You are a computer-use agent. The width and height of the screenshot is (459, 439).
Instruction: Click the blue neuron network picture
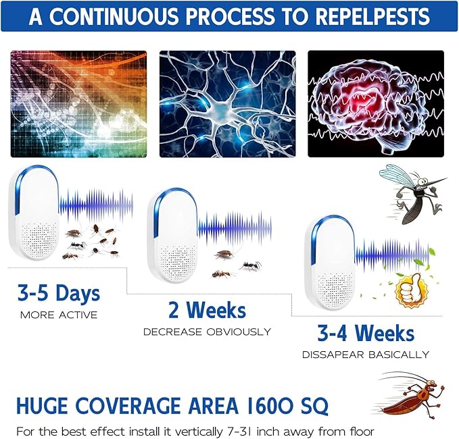(227, 103)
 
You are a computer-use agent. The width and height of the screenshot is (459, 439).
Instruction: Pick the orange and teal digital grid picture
(78, 103)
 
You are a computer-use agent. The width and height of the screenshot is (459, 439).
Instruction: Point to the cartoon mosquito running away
(412, 192)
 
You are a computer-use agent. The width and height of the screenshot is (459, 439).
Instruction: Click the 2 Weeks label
(207, 310)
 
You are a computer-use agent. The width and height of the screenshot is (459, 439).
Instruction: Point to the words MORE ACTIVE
(58, 315)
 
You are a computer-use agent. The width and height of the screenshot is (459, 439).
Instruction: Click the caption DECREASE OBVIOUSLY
(207, 332)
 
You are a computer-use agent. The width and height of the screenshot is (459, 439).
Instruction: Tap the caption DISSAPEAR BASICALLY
(365, 354)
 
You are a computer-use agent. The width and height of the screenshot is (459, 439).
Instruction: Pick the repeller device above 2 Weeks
(173, 236)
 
